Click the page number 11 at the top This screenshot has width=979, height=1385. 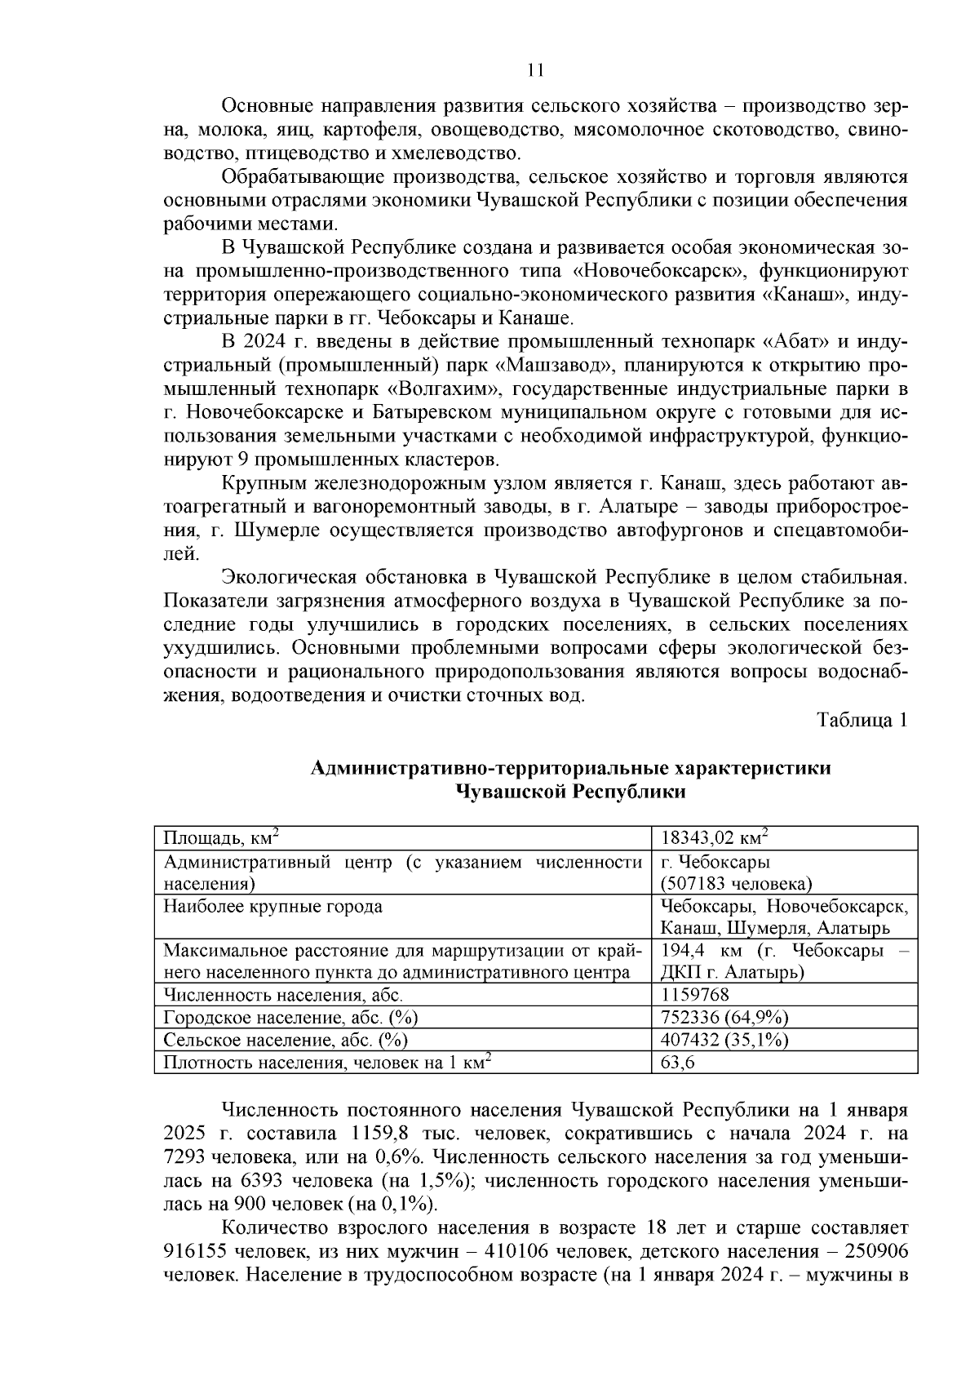pos(535,70)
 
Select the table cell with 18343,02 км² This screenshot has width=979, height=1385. pos(715,838)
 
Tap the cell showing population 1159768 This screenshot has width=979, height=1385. pos(695,995)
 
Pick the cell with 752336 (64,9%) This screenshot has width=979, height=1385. pos(724,1017)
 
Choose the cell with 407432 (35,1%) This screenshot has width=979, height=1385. pos(724,1040)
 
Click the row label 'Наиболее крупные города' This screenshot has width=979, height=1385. pos(273,906)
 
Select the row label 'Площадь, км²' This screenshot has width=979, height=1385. pos(222,838)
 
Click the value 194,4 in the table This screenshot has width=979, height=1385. pos(682,951)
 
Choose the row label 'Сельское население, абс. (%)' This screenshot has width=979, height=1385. pos(286,1040)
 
